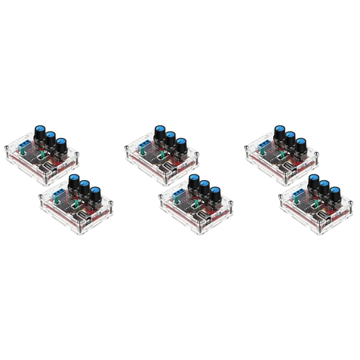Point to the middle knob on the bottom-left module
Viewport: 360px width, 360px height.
tap(84, 186)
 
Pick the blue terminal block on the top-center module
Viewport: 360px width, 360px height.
tap(144, 144)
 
